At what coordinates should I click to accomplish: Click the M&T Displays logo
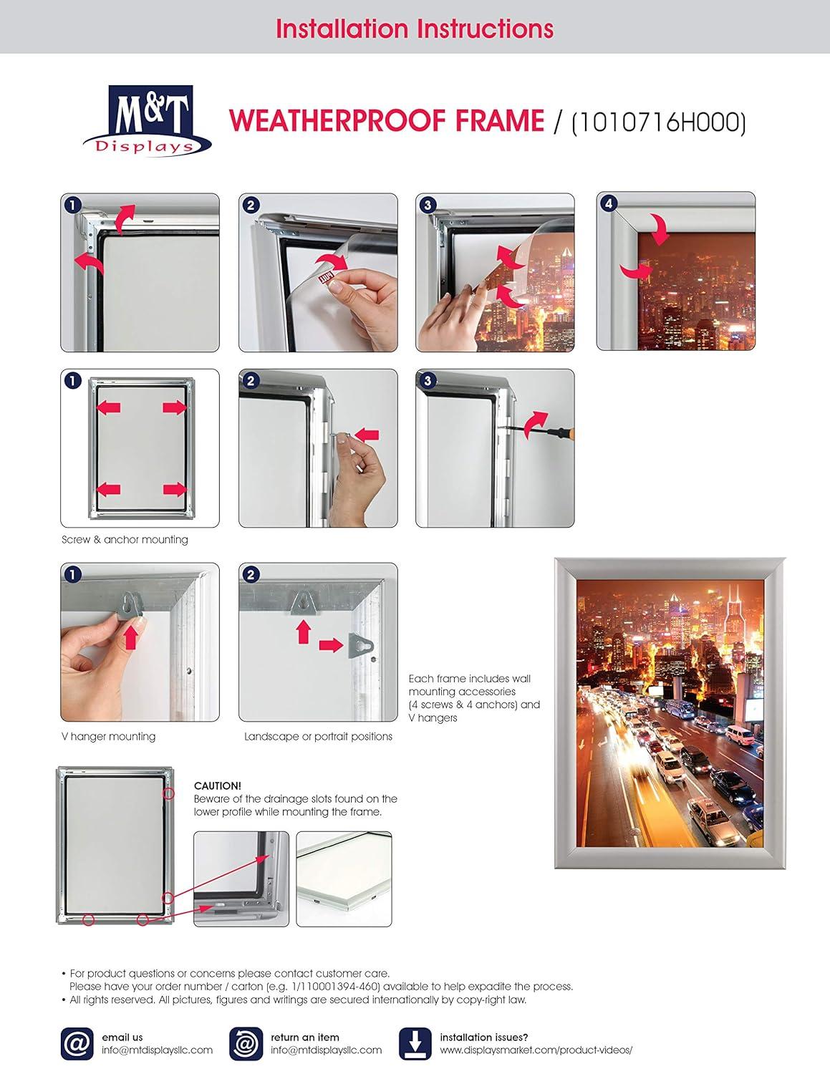coord(148,120)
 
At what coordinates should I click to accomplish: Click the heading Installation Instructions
coord(414,29)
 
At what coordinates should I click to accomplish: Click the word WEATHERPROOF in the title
coord(339,121)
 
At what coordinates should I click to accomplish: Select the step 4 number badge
coord(608,204)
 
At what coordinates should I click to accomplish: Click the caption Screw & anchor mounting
coord(125,539)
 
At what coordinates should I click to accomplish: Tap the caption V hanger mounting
coord(108,736)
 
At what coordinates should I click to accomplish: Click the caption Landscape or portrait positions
coord(318,736)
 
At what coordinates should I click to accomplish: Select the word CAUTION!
coord(218,785)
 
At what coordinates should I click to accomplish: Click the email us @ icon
coord(77,1044)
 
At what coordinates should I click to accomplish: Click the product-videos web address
coord(536,1050)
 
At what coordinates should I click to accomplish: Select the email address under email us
coord(157,1050)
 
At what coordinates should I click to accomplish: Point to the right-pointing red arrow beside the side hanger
coord(330,645)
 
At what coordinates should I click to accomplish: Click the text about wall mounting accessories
coord(474,698)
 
